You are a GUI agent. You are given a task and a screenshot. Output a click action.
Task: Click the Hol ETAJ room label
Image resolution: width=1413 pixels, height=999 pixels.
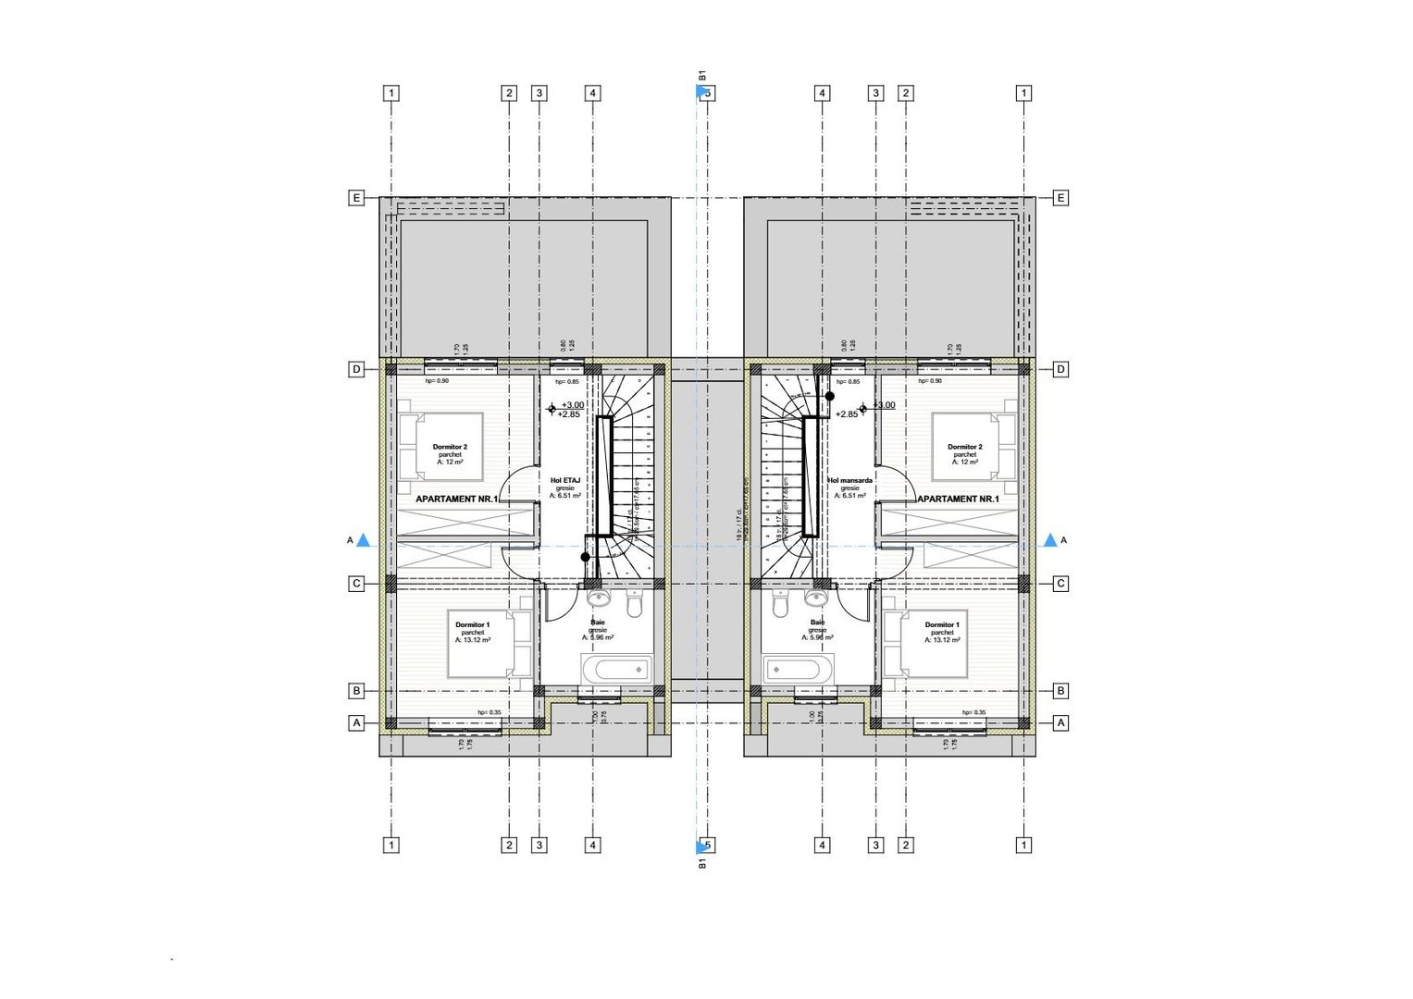tap(565, 480)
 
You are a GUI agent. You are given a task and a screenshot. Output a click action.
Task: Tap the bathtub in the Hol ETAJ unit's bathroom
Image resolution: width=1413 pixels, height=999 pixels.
tap(616, 668)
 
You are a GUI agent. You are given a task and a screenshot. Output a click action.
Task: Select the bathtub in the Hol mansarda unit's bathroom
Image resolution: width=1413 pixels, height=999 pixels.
tap(799, 668)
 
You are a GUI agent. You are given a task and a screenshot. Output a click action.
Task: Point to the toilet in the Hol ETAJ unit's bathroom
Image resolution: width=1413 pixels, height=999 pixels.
tap(634, 605)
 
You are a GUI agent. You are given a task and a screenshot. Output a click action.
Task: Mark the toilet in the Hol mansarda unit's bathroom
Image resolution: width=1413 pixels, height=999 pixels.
tap(781, 605)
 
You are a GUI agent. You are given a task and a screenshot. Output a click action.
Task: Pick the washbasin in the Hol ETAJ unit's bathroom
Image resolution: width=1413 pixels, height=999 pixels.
tap(597, 598)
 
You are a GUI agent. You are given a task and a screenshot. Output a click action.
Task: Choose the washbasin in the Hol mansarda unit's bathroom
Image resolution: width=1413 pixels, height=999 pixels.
tap(818, 598)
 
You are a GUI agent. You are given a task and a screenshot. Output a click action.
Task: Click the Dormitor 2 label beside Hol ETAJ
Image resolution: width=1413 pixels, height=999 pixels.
tap(450, 447)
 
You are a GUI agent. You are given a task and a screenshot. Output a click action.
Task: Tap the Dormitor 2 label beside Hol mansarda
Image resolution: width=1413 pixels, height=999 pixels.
tap(965, 447)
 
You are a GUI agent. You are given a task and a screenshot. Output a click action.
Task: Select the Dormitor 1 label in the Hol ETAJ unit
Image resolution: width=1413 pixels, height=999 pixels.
tap(473, 625)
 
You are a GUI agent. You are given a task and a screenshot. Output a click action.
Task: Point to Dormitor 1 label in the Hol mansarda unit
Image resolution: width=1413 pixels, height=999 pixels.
tap(942, 625)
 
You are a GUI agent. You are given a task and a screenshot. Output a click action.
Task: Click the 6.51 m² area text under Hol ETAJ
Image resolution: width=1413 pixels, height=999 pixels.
tap(565, 496)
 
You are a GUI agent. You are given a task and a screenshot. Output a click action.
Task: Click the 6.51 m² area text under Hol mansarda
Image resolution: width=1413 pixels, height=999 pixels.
tap(849, 496)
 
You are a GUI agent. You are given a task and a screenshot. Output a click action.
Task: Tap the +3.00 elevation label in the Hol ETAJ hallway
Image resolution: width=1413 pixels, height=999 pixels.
tap(573, 405)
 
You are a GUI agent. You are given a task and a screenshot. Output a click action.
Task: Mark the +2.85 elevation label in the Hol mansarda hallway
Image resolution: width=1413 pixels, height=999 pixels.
tap(847, 414)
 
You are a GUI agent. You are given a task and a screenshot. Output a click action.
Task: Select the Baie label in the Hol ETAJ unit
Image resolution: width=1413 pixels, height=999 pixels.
tap(598, 623)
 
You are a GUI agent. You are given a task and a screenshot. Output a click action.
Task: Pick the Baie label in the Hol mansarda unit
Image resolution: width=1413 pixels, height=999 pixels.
tap(817, 623)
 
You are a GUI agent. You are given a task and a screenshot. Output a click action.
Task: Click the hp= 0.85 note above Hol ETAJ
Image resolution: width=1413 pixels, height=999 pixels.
tap(566, 381)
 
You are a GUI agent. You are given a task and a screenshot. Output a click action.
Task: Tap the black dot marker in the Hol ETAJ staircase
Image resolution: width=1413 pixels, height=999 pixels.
tap(585, 557)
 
